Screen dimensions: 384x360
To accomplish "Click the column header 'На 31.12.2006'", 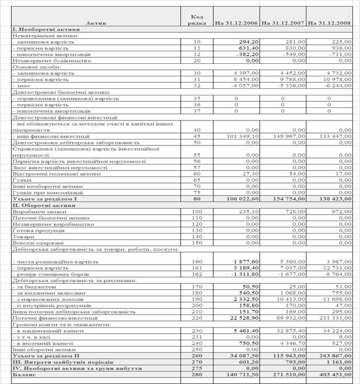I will [236, 22].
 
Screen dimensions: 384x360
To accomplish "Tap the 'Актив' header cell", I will [97, 23].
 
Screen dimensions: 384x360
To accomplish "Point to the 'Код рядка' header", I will [198, 19].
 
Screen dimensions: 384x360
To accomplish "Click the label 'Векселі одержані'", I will [37, 242].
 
